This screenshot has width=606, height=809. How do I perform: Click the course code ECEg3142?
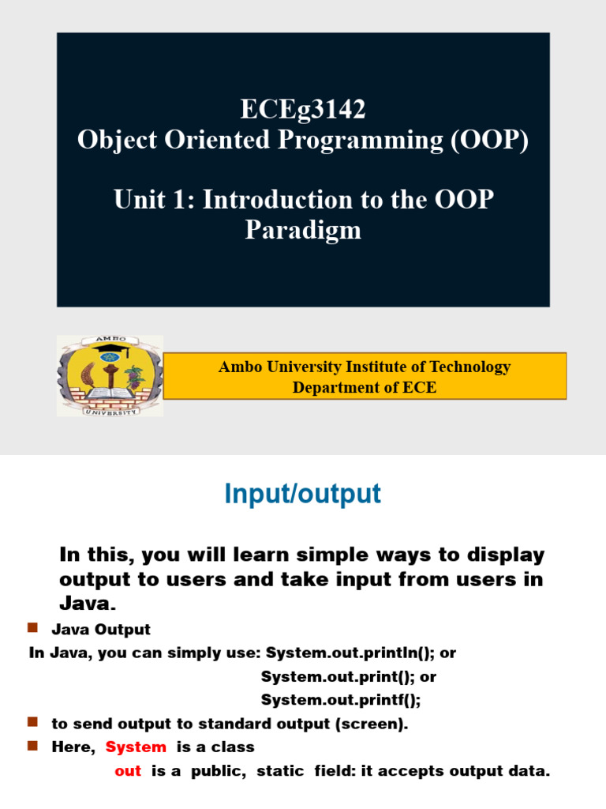(x=303, y=110)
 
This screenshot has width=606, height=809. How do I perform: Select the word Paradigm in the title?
(x=303, y=230)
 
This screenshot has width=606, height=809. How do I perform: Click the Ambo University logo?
(x=110, y=376)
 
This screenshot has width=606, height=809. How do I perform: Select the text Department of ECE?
(x=364, y=387)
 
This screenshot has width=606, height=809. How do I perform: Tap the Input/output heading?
(x=303, y=495)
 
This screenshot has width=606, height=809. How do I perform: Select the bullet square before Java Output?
(x=33, y=628)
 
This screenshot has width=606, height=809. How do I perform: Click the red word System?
(x=136, y=747)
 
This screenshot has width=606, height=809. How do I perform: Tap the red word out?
(x=128, y=771)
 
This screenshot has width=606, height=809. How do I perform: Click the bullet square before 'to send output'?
(x=33, y=722)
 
